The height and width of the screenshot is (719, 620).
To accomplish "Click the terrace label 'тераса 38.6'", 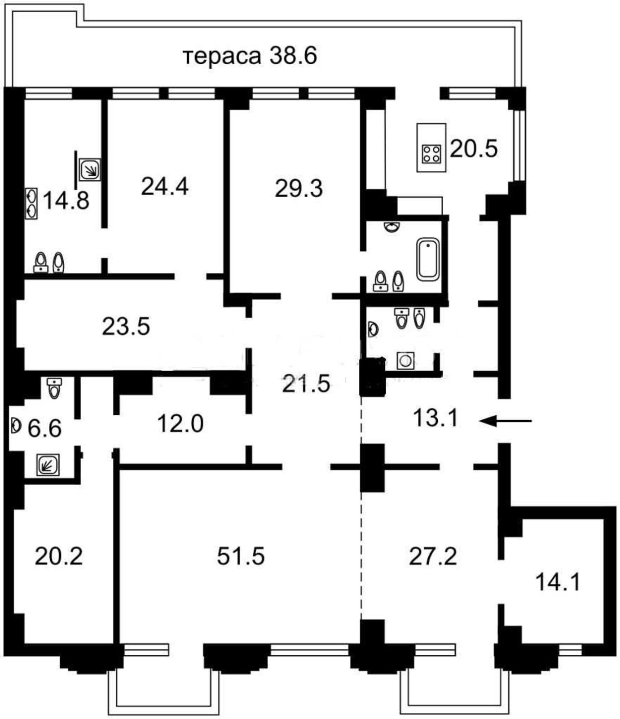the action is pyautogui.click(x=250, y=57).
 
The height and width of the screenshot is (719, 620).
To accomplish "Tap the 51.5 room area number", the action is pyautogui.click(x=241, y=556).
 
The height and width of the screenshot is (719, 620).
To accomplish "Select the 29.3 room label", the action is pyautogui.click(x=299, y=188).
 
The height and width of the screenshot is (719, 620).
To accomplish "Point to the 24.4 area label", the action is pyautogui.click(x=165, y=186).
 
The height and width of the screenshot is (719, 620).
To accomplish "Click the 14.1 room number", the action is pyautogui.click(x=558, y=582).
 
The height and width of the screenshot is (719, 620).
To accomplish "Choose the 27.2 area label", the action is pyautogui.click(x=433, y=556).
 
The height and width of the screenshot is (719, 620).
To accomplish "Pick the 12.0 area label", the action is pyautogui.click(x=180, y=423).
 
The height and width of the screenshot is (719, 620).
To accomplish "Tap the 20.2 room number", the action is pyautogui.click(x=59, y=556).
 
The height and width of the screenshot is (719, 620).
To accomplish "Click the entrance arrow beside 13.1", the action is pyautogui.click(x=506, y=421).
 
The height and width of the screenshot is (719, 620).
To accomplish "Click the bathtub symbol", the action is pyautogui.click(x=428, y=259).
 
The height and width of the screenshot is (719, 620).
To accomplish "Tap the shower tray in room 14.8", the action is pyautogui.click(x=90, y=169).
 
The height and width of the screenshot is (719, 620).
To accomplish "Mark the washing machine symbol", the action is pyautogui.click(x=405, y=361).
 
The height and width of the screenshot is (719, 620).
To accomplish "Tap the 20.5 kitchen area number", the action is pyautogui.click(x=474, y=148).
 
